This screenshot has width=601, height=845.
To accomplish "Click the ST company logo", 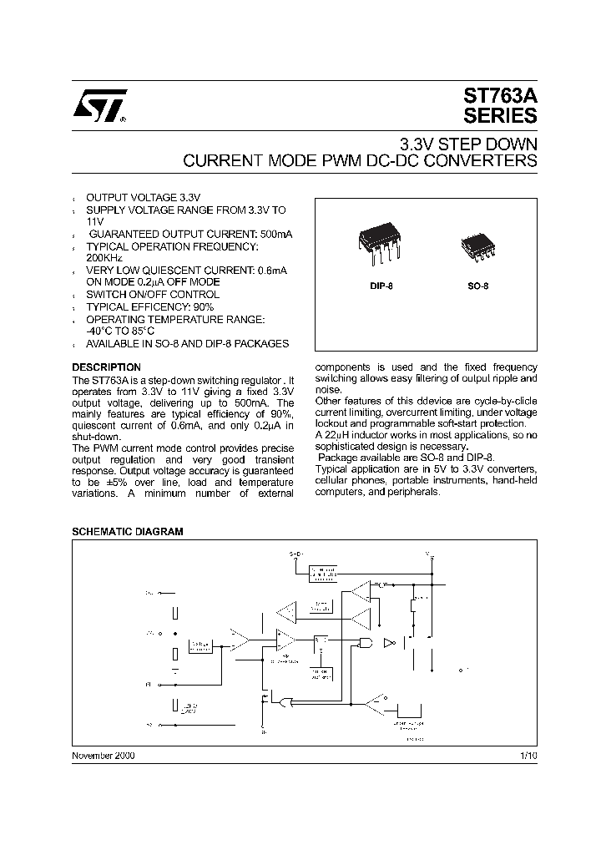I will (x=98, y=105).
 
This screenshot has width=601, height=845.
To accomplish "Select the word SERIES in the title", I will (x=500, y=116).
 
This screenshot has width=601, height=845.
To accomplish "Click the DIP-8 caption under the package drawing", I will (x=381, y=286).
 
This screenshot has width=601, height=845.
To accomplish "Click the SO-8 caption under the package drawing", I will (x=477, y=286).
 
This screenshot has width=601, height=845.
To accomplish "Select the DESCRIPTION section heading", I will (x=106, y=367).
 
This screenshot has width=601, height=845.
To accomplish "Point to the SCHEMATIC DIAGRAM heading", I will (x=128, y=532).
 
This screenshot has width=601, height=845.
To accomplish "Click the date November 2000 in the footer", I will (x=103, y=754).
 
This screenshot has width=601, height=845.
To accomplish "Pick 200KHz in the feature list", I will (x=104, y=259).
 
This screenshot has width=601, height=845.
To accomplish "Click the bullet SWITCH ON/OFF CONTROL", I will (x=153, y=295).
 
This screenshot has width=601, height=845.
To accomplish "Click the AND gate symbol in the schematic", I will (x=365, y=641).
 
